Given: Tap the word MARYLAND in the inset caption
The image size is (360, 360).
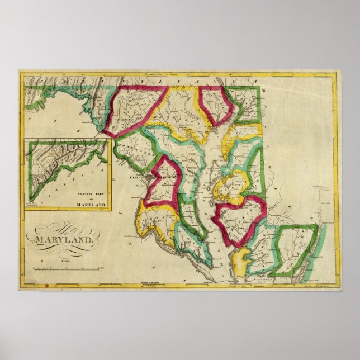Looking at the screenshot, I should click(x=89, y=205).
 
